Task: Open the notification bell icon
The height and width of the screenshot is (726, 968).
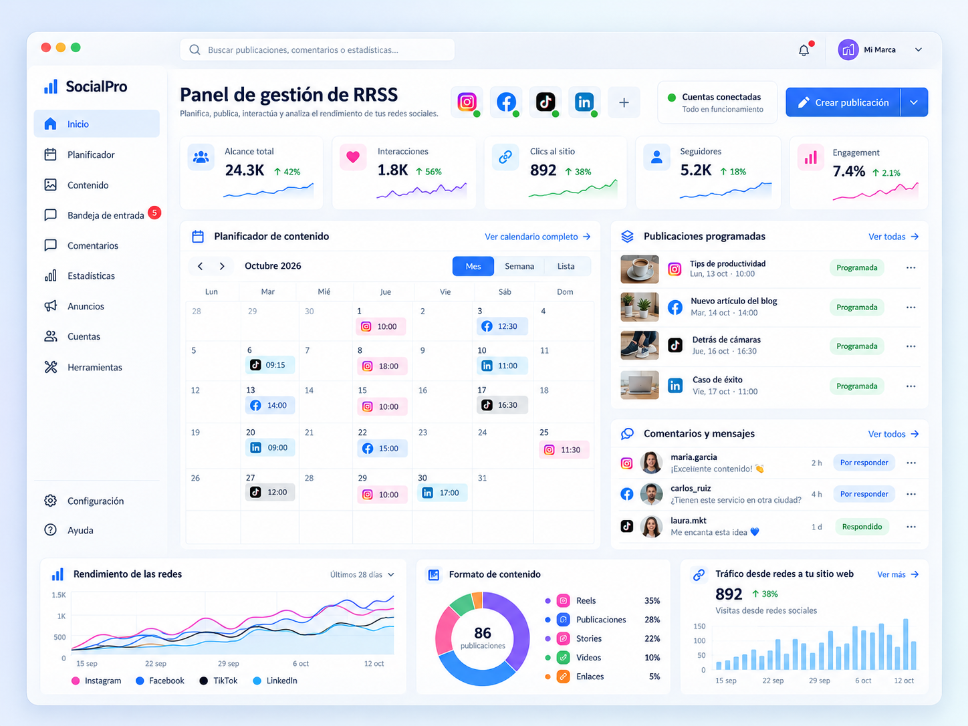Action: click(x=804, y=50)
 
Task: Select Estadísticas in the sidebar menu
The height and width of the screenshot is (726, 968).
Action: click(x=91, y=276)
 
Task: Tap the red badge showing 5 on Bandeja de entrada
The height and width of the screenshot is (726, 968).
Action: click(x=154, y=213)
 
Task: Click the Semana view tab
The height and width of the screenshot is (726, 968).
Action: click(x=519, y=266)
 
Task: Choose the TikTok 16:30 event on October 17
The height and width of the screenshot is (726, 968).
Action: click(x=502, y=404)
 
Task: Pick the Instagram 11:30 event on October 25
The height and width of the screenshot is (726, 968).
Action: click(x=564, y=450)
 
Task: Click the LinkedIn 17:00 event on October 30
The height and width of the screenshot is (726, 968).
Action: click(x=442, y=493)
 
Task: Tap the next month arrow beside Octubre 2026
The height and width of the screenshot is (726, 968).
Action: click(x=222, y=266)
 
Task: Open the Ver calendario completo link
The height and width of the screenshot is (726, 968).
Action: click(x=537, y=237)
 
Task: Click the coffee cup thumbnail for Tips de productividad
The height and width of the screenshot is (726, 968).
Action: click(x=640, y=269)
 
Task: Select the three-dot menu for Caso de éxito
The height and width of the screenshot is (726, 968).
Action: click(x=911, y=386)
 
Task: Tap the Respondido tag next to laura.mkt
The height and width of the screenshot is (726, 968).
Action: click(x=862, y=526)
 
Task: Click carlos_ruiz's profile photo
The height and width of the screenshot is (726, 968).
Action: click(x=651, y=494)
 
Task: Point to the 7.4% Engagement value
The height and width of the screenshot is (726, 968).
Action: click(x=848, y=171)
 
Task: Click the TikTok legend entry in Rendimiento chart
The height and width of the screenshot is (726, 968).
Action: click(x=219, y=681)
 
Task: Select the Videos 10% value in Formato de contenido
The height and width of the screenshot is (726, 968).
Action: click(x=652, y=657)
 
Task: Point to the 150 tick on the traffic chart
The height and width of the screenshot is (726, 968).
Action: click(x=699, y=626)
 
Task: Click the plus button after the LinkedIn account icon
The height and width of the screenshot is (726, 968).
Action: click(x=624, y=103)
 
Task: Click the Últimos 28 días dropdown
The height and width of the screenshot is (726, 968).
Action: click(x=362, y=574)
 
